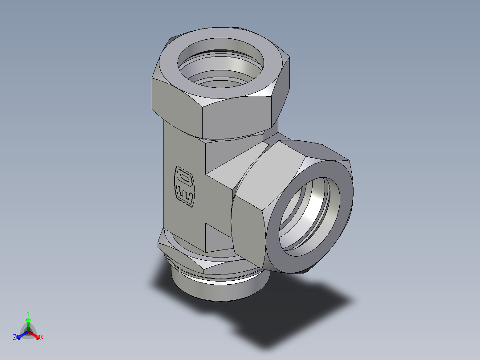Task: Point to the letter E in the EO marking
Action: click(x=185, y=196)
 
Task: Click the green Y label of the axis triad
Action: click(x=28, y=313)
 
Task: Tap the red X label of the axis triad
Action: click(x=41, y=338)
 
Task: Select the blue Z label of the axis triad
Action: click(x=15, y=338)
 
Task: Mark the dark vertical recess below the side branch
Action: click(x=218, y=238)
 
